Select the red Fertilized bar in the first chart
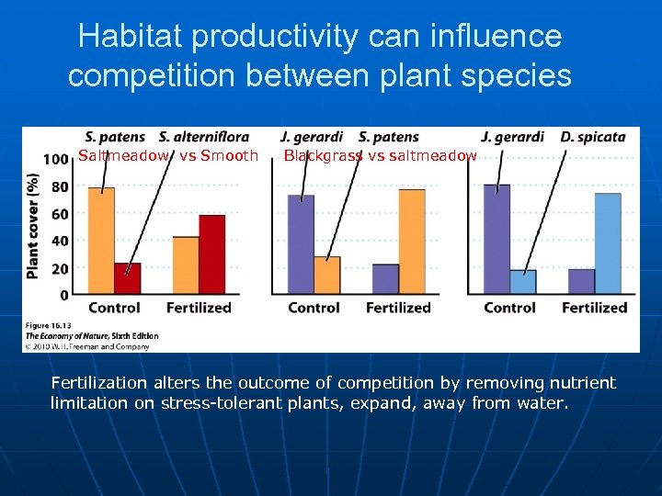212,255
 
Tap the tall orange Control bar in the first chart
101,241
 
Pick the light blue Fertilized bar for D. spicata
608,244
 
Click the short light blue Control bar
523,282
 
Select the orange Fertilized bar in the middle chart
412,242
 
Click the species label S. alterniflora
204,137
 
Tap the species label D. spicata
593,137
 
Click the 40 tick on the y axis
60,242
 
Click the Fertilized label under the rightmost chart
594,308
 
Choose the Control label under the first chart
114,308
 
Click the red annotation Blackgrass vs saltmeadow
380,156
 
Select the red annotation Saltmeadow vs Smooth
168,156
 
